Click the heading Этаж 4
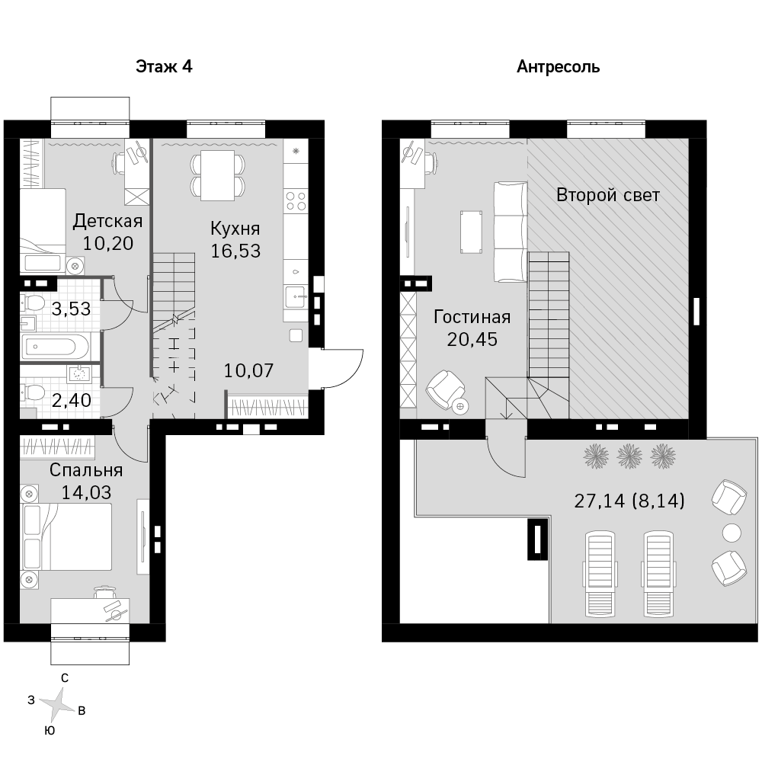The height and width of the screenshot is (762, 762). pyautogui.click(x=164, y=66)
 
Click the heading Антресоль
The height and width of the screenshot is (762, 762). pyautogui.click(x=558, y=66)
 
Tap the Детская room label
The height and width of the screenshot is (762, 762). pyautogui.click(x=108, y=221)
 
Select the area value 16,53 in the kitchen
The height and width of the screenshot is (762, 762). pyautogui.click(x=235, y=251)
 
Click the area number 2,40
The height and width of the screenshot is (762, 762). pyautogui.click(x=72, y=401)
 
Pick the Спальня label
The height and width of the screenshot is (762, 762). pyautogui.click(x=86, y=470)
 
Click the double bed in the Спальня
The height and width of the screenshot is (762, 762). pyautogui.click(x=66, y=536)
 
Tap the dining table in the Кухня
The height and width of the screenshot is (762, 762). pyautogui.click(x=218, y=175)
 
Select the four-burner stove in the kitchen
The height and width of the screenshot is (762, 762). pyautogui.click(x=296, y=202)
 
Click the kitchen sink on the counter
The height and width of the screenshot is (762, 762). pyautogui.click(x=296, y=297)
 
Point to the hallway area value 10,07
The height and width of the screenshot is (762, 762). pyautogui.click(x=249, y=371)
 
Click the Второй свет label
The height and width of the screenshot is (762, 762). pyautogui.click(x=608, y=195)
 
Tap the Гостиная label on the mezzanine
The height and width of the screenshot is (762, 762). pyautogui.click(x=472, y=317)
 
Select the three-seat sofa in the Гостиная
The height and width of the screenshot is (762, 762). pyautogui.click(x=511, y=232)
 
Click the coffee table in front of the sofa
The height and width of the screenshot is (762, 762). pyautogui.click(x=472, y=232)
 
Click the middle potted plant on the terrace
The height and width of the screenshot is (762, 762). pyautogui.click(x=630, y=456)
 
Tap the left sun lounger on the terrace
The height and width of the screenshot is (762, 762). pyautogui.click(x=601, y=574)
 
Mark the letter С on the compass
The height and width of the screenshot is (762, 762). pyautogui.click(x=65, y=678)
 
